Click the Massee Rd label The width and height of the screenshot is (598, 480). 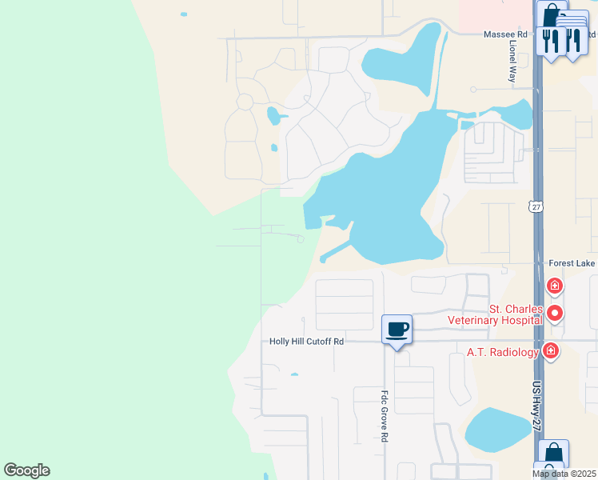pyautogui.click(x=505, y=34)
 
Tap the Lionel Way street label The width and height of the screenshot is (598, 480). pyautogui.click(x=512, y=63)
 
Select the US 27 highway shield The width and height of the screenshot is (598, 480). pyautogui.click(x=536, y=207)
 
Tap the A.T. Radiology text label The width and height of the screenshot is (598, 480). pyautogui.click(x=502, y=352)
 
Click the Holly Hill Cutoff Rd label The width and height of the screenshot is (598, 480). pyautogui.click(x=306, y=342)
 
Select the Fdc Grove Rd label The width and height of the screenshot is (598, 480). pyautogui.click(x=385, y=416)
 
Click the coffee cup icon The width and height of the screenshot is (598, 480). pyautogui.click(x=397, y=329)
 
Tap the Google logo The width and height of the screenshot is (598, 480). pyautogui.click(x=26, y=470)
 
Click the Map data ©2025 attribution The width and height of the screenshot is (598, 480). pyautogui.click(x=564, y=474)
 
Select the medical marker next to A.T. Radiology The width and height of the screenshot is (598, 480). pyautogui.click(x=550, y=350)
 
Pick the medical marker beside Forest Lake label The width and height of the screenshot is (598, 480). pyautogui.click(x=554, y=286)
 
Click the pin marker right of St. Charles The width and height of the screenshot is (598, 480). pyautogui.click(x=555, y=313)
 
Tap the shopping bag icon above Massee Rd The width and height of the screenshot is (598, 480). pyautogui.click(x=551, y=14)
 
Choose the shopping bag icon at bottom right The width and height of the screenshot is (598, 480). pyautogui.click(x=553, y=454)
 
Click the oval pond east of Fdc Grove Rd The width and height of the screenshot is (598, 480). pyautogui.click(x=496, y=430)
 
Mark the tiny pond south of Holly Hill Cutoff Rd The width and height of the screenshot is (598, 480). pyautogui.click(x=295, y=374)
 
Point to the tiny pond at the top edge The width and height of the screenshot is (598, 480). pyautogui.click(x=184, y=14)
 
